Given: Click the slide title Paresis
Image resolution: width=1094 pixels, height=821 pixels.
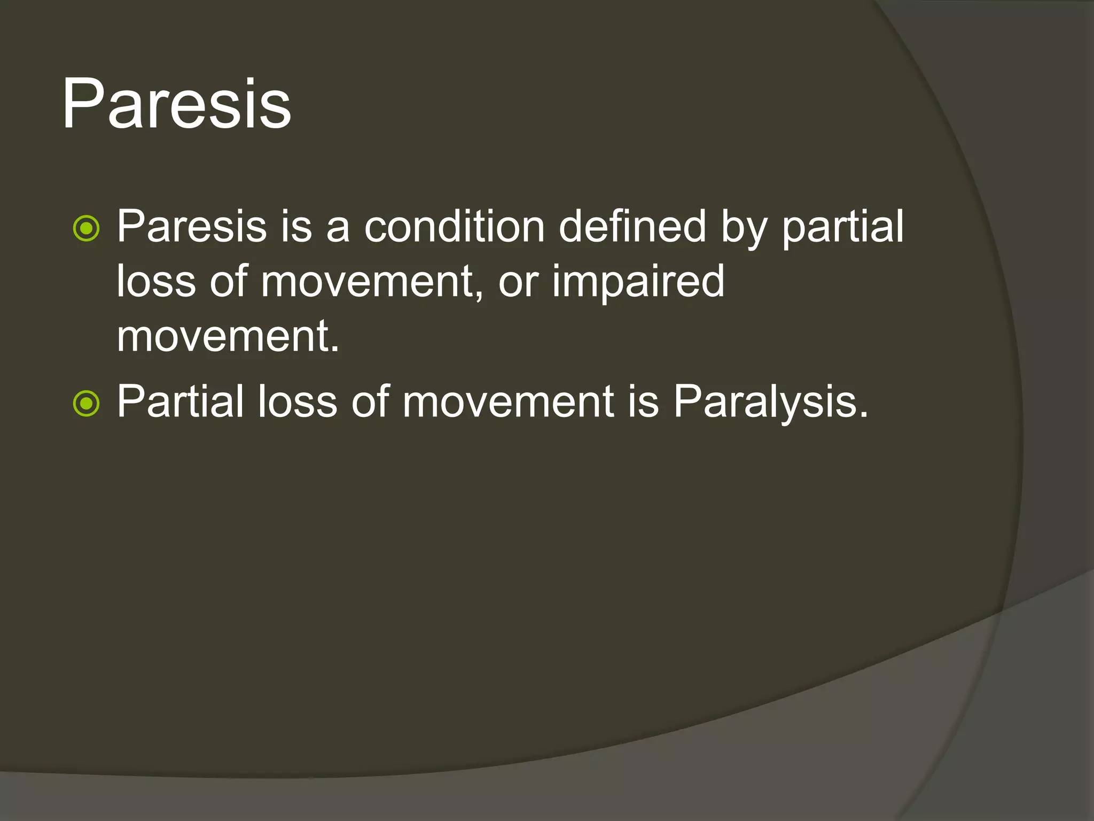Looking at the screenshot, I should (x=176, y=104).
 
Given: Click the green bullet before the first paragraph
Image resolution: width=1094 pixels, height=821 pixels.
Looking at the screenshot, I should (x=86, y=229).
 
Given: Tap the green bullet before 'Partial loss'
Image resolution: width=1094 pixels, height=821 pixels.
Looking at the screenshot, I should (x=86, y=404).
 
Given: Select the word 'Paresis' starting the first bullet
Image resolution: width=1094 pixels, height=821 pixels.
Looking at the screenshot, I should (x=191, y=227).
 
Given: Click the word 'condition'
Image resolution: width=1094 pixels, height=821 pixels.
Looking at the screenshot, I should (x=455, y=227).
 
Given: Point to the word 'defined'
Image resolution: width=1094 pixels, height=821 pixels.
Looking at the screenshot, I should (x=632, y=227).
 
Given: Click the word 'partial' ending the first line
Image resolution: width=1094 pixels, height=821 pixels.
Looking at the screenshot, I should (x=842, y=227).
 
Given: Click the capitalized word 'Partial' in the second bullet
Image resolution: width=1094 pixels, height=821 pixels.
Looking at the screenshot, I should (x=181, y=402).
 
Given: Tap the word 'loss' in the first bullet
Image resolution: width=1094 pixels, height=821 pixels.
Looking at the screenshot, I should (x=155, y=282).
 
